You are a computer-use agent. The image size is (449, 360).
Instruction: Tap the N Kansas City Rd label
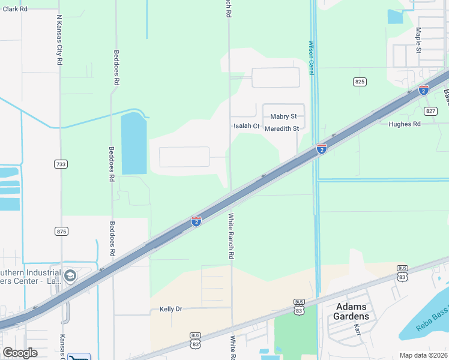(x=60, y=40)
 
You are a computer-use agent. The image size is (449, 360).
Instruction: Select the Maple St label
(x=418, y=40)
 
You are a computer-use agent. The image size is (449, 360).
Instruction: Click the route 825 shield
(x=360, y=81)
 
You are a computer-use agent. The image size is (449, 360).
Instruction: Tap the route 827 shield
(x=430, y=111)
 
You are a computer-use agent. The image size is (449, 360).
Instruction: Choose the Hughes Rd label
(x=405, y=124)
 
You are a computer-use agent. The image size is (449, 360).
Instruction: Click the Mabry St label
(x=283, y=116)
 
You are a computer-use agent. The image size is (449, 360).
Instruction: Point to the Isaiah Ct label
(x=246, y=126)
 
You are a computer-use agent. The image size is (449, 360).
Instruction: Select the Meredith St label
(x=282, y=128)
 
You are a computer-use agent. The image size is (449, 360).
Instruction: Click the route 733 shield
(x=61, y=164)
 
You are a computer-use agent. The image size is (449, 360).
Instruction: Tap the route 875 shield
(x=61, y=231)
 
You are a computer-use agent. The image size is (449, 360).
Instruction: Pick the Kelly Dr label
(x=170, y=309)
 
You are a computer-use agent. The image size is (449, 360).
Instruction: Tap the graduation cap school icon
(x=70, y=276)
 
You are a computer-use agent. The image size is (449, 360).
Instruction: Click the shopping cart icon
(x=79, y=356)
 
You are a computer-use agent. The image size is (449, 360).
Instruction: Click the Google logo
(x=20, y=352)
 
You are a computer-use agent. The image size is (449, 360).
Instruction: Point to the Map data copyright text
(x=424, y=355)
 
